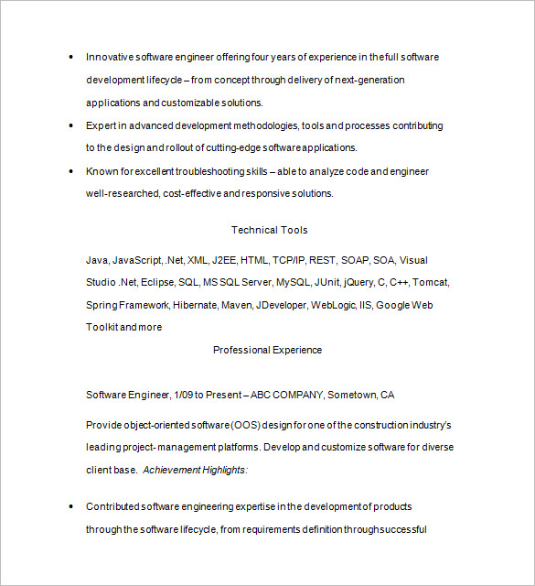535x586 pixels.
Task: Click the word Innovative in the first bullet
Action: click(x=109, y=57)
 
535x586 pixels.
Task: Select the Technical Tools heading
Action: click(x=269, y=230)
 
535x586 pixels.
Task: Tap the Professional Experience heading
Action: click(x=267, y=350)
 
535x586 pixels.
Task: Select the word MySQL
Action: click(x=294, y=282)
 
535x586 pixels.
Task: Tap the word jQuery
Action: click(x=358, y=282)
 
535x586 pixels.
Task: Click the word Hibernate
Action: click(x=195, y=305)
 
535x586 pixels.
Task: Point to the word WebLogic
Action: click(x=334, y=305)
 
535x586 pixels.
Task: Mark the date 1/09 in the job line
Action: click(x=184, y=395)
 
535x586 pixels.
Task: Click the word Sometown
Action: click(x=352, y=395)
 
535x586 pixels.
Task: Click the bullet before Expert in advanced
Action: click(x=71, y=125)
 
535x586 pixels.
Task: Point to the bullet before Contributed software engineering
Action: click(x=71, y=506)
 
